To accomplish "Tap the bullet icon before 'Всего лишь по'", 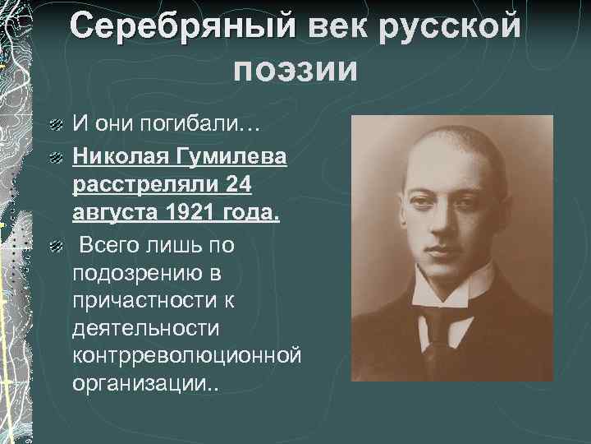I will tap(54, 245).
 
